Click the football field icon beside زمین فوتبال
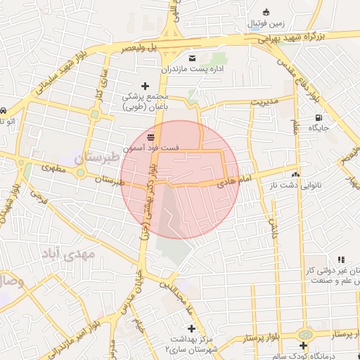coord(265,12)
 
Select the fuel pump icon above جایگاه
coord(319,117)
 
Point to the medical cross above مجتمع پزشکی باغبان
coord(146,86)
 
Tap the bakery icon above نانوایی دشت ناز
coord(295,173)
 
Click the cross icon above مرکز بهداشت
coord(191,328)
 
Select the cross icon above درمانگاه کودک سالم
coord(303,346)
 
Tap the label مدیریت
coord(266,101)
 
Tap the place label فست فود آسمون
coord(151,148)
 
